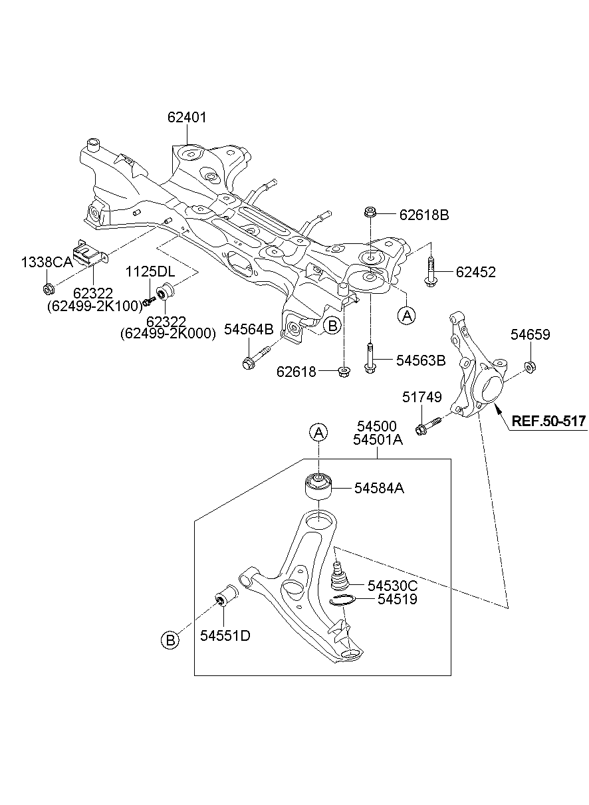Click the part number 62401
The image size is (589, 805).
point(187,118)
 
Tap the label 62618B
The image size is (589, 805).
point(424,215)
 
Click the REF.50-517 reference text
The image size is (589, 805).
point(548,421)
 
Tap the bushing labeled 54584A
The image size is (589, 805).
point(318,487)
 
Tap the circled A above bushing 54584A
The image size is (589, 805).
point(318,433)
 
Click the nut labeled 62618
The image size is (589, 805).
point(344,372)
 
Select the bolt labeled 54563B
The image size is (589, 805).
point(370,358)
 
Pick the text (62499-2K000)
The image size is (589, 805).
point(168,334)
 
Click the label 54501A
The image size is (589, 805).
point(378,439)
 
